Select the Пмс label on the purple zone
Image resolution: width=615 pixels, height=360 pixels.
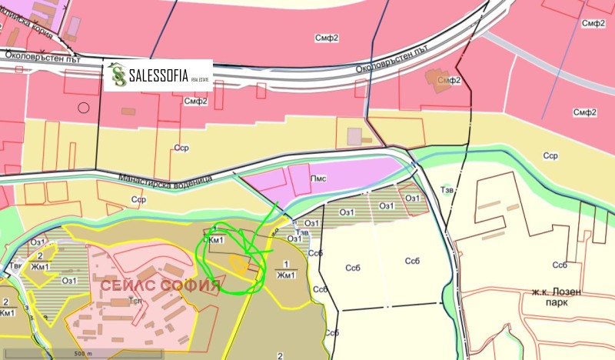tap(318, 178)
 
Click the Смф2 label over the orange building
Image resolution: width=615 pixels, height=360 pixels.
tap(449, 79)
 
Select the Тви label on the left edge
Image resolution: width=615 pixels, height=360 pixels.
tap(16, 266)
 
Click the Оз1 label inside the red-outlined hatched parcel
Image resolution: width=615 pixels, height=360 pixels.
tap(412, 198)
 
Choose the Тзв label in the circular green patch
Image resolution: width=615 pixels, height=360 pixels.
tap(303, 232)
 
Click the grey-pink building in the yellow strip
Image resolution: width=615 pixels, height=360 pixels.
tap(354, 136)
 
